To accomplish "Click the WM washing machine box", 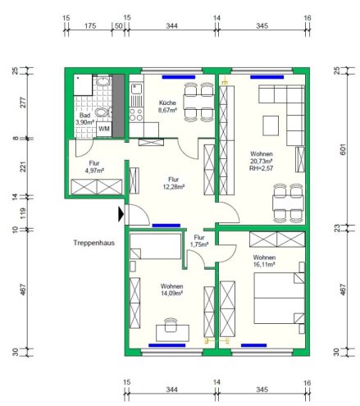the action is pyautogui.click(x=104, y=129).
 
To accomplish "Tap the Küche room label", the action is pyautogui.click(x=167, y=103).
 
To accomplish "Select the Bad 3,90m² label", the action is pyautogui.click(x=84, y=119).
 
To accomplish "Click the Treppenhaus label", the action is pyautogui.click(x=94, y=243).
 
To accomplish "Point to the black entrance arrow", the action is pyautogui.click(x=121, y=214).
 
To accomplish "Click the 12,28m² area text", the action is pyautogui.click(x=174, y=187).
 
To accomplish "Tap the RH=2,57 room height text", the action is pyautogui.click(x=262, y=168).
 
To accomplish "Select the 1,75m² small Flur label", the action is pyautogui.click(x=199, y=241).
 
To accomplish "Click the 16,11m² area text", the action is pyautogui.click(x=264, y=264).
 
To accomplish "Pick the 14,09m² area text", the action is pyautogui.click(x=171, y=293).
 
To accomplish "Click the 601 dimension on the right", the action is pyautogui.click(x=344, y=149).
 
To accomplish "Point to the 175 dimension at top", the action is pyautogui.click(x=90, y=26).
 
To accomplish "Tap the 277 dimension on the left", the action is pyautogui.click(x=23, y=103).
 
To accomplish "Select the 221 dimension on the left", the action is pyautogui.click(x=23, y=167).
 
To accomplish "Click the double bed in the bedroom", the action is pyautogui.click(x=279, y=299).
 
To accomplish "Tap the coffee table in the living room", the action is pyautogui.click(x=271, y=125).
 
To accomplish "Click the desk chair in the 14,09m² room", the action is pyautogui.click(x=171, y=324).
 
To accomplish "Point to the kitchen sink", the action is pyautogui.click(x=136, y=89).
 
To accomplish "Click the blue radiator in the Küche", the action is pyautogui.click(x=179, y=77).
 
